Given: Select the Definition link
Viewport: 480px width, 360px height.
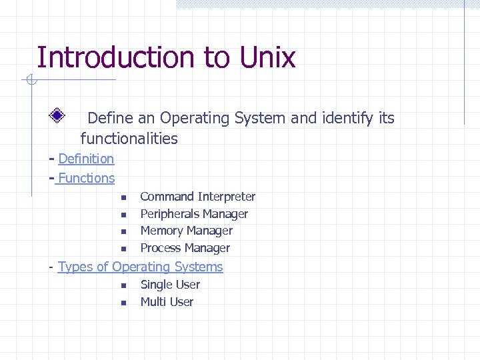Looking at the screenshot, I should (86, 159).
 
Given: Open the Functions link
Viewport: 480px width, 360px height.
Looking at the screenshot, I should (87, 178).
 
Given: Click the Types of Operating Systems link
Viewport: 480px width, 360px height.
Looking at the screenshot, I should (140, 267).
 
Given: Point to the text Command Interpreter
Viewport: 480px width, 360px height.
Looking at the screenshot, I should (197, 197).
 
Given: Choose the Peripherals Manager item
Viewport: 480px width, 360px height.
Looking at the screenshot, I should (194, 214).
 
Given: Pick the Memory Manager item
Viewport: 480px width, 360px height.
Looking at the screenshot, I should (186, 231).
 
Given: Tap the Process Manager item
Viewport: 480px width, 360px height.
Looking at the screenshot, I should (185, 248).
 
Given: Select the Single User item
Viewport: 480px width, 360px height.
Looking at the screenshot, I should (170, 285).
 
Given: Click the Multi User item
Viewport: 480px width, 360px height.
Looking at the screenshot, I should (167, 302).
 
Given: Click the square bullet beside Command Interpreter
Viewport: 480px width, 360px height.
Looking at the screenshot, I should (123, 198).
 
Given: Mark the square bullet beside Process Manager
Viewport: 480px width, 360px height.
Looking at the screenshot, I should (123, 249).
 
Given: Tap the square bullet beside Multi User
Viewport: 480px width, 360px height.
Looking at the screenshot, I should (123, 303).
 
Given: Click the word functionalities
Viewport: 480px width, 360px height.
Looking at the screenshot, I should (129, 139).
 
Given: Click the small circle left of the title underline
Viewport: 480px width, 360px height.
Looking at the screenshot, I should (30, 81).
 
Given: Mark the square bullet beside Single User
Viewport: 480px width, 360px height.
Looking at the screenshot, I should (123, 286).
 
